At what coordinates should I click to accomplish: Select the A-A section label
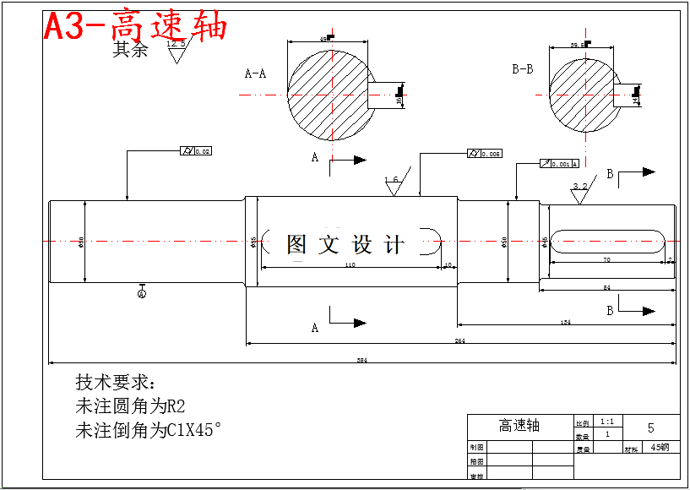tap(255, 73)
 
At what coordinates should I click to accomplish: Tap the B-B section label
tap(522, 68)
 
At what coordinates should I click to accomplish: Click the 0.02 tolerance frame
tap(196, 151)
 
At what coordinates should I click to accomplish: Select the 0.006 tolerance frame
tap(485, 154)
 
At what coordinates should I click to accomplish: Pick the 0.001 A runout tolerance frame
tap(559, 163)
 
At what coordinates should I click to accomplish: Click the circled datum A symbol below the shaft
tap(142, 293)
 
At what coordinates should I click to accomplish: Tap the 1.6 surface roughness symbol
tap(393, 184)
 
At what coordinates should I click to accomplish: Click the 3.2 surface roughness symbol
tap(579, 192)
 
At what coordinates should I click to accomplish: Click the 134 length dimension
tap(565, 323)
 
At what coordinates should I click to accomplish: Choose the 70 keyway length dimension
tap(606, 260)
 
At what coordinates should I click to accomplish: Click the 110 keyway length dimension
tap(350, 265)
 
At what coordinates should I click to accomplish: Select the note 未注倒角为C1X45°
tap(149, 430)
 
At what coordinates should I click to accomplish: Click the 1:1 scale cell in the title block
tap(606, 421)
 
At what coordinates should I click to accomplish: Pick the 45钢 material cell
tap(660, 448)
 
